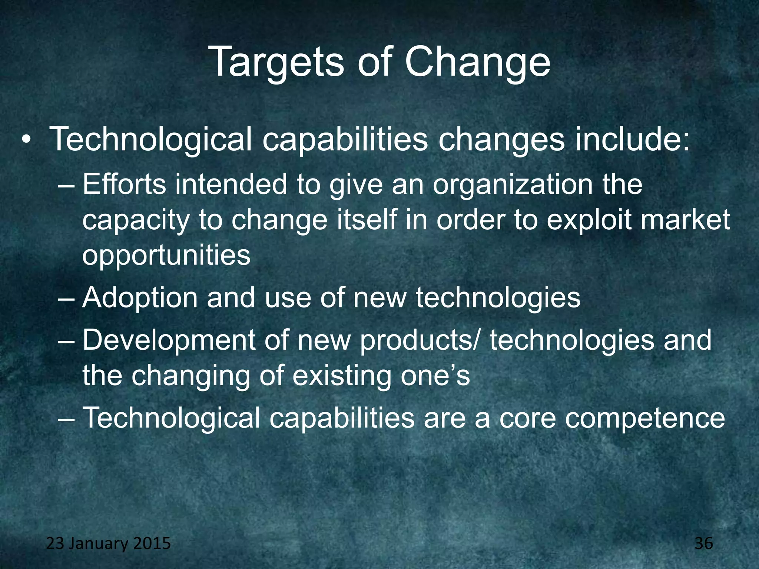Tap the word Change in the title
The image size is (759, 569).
click(477, 63)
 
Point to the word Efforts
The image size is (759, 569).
click(125, 184)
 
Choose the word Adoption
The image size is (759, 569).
click(140, 299)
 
